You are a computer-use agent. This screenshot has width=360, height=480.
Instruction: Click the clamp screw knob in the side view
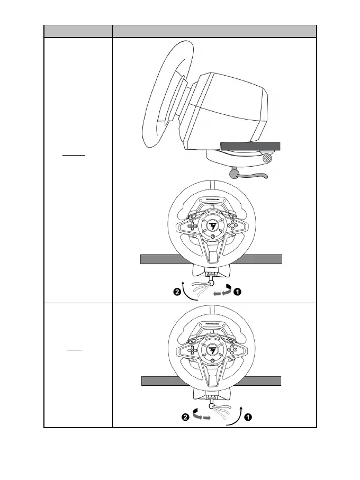pyautogui.click(x=268, y=157)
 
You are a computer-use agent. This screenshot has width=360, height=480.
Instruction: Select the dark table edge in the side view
pyautogui.click(x=251, y=146)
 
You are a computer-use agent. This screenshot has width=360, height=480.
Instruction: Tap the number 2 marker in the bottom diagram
pyautogui.click(x=185, y=417)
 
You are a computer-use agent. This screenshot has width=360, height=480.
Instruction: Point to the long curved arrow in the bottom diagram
pyautogui.click(x=237, y=415)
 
